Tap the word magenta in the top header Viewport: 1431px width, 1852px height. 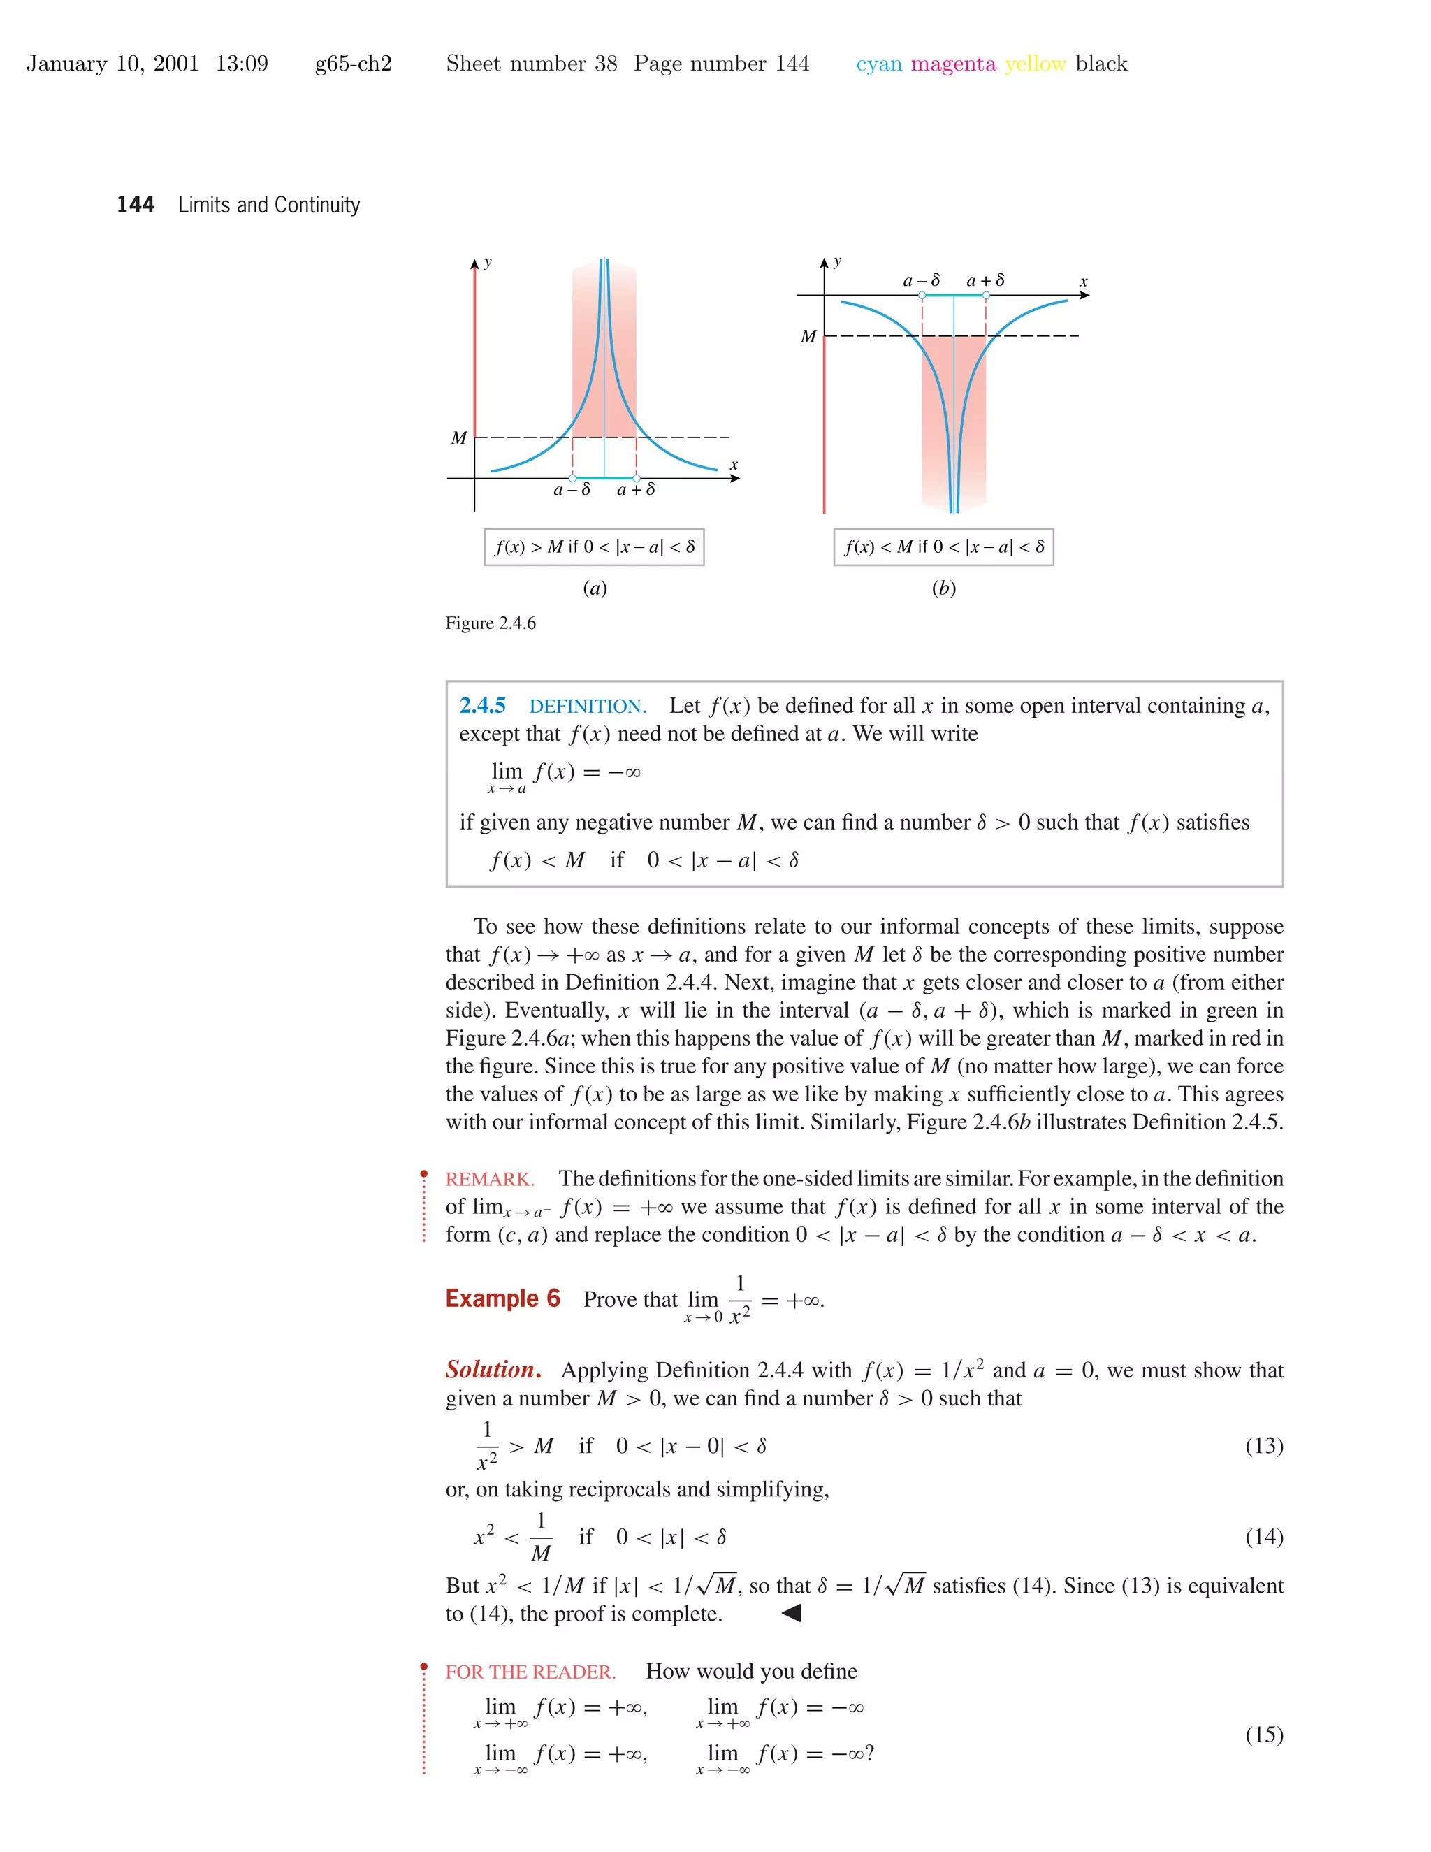point(953,64)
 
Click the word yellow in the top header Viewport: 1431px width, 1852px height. point(1034,64)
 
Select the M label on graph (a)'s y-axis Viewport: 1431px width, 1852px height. point(458,438)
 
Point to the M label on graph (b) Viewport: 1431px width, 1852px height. point(808,337)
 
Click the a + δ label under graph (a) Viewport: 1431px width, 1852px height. point(636,489)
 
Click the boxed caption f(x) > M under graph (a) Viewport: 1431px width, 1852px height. point(595,547)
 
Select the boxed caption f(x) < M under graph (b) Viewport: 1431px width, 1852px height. point(943,547)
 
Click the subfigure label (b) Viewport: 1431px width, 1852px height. point(943,588)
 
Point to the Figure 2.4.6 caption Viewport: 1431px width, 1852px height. point(491,623)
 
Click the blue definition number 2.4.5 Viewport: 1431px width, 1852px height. point(482,706)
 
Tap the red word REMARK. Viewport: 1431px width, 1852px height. point(489,1180)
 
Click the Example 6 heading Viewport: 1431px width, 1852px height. point(502,1298)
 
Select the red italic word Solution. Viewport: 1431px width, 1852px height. point(493,1370)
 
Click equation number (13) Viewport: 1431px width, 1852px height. point(1264,1446)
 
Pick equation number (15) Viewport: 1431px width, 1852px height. point(1264,1735)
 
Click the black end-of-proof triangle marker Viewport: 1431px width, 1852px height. point(791,1613)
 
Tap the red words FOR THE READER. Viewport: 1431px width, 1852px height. point(531,1672)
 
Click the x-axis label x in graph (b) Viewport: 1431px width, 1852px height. point(1082,282)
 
